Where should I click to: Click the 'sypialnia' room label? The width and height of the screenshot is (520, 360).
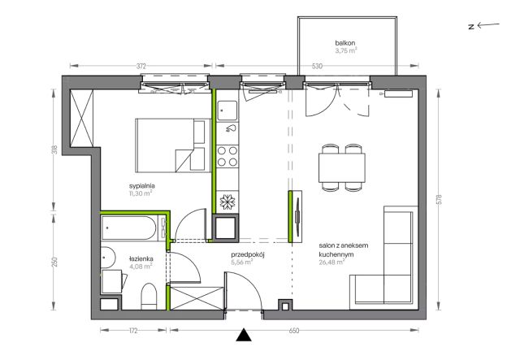pos(142,186)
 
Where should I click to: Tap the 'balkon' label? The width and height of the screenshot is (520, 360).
pos(344,43)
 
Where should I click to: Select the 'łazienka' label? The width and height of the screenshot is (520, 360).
pos(141,258)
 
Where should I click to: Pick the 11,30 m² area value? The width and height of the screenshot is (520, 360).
pos(141,193)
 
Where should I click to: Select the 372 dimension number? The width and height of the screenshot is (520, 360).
pos(141,66)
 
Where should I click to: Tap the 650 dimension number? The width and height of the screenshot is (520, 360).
pos(294,331)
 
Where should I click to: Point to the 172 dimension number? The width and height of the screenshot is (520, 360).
pos(133,331)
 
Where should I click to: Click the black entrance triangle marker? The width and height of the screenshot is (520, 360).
pos(244,335)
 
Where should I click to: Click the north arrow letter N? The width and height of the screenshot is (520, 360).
pos(471,27)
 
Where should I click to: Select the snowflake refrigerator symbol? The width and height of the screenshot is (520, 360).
pos(227,202)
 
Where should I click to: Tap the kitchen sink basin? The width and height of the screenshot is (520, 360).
pos(227,111)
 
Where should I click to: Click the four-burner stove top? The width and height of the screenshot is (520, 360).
pos(227,156)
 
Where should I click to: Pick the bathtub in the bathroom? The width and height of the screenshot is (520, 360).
pos(128,228)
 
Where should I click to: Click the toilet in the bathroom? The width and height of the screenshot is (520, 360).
pos(149,297)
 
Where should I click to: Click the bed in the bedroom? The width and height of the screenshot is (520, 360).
pos(173,145)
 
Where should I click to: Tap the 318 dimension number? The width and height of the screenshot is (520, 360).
pos(55,150)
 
